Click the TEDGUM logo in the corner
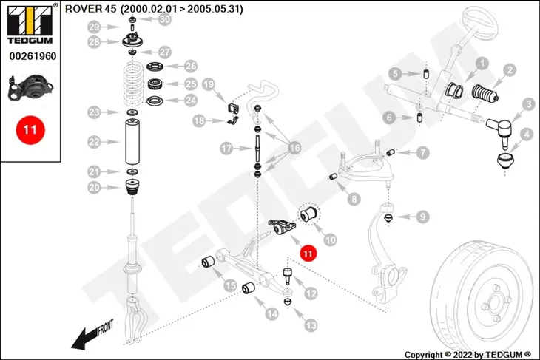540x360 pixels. click(x=30, y=24)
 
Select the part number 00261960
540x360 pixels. click(x=33, y=56)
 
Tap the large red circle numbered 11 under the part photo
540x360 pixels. click(x=30, y=130)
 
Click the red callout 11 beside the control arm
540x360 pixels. click(x=308, y=254)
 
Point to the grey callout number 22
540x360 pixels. click(x=94, y=142)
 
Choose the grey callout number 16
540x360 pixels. click(x=294, y=149)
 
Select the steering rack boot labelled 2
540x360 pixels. click(x=485, y=94)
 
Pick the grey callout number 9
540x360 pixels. click(x=422, y=217)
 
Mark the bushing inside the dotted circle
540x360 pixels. click(x=309, y=214)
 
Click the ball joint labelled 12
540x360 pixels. click(x=288, y=275)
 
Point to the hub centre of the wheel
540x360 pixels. click(x=495, y=304)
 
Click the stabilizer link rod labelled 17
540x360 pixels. click(x=257, y=149)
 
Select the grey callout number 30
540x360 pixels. click(x=165, y=19)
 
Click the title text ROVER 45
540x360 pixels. click(x=91, y=9)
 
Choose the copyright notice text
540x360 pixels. click(x=468, y=355)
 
